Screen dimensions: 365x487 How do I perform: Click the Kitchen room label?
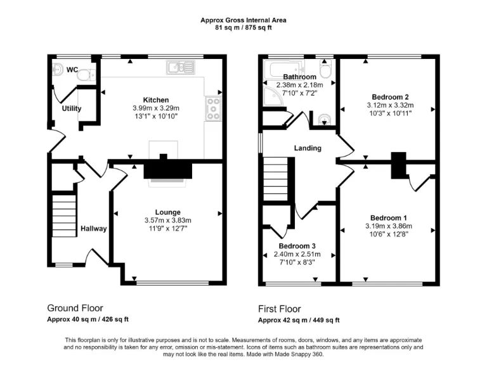155,100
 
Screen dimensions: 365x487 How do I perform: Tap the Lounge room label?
168,212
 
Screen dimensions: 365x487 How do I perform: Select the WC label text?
72,70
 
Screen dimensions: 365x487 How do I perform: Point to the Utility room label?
72,108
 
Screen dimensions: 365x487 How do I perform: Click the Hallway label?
93,229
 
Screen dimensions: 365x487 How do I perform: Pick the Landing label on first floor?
308,148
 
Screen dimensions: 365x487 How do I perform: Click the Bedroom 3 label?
297,246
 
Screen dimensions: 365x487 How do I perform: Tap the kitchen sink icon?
176,66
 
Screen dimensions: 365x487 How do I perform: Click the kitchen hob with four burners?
212,110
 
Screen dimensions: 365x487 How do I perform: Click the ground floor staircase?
63,215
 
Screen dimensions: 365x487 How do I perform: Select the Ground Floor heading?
75,309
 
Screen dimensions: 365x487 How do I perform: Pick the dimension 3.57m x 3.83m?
168,221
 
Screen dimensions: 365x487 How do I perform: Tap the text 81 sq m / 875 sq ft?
243,28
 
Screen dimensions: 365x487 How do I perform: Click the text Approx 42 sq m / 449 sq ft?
299,320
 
